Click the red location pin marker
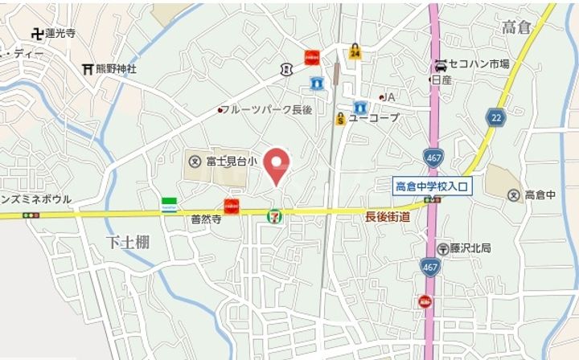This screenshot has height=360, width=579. point(277,166)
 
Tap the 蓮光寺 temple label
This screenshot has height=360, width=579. point(60,34)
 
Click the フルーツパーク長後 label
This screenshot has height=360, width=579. point(265,109)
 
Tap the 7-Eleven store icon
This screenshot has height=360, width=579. point(275,215)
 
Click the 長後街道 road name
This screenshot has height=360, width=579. point(388,216)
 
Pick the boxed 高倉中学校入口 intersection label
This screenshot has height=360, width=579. point(433,186)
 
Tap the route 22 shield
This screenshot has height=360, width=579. point(495,118)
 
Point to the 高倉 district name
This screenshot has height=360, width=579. point(517,28)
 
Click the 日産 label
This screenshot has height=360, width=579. point(441,80)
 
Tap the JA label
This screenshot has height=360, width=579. point(389,96)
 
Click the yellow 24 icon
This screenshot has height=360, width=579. point(355,52)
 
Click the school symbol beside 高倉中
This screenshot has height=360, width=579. point(513,194)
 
